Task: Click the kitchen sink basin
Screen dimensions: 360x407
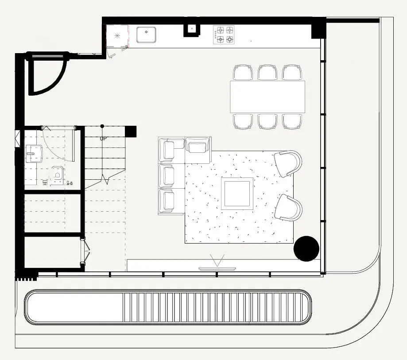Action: tap(146, 35)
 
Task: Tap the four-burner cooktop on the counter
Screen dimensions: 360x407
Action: tap(224, 35)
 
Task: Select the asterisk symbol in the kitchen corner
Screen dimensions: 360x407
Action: tap(117, 35)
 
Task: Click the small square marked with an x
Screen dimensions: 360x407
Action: tap(192, 29)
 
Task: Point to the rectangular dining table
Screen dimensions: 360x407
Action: tap(267, 97)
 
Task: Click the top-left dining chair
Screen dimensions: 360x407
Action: tap(243, 73)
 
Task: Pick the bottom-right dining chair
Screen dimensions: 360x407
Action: tap(292, 121)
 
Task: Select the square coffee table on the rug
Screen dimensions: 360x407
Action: tap(238, 194)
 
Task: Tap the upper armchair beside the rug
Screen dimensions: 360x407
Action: tap(288, 163)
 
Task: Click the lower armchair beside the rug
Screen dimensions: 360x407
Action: tap(288, 207)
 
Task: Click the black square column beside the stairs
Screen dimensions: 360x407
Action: tap(131, 132)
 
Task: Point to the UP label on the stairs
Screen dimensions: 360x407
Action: tap(103, 139)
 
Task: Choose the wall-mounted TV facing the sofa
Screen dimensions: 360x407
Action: tap(217, 268)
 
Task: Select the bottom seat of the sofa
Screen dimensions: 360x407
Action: tap(167, 201)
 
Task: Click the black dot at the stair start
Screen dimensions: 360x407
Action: tap(102, 126)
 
